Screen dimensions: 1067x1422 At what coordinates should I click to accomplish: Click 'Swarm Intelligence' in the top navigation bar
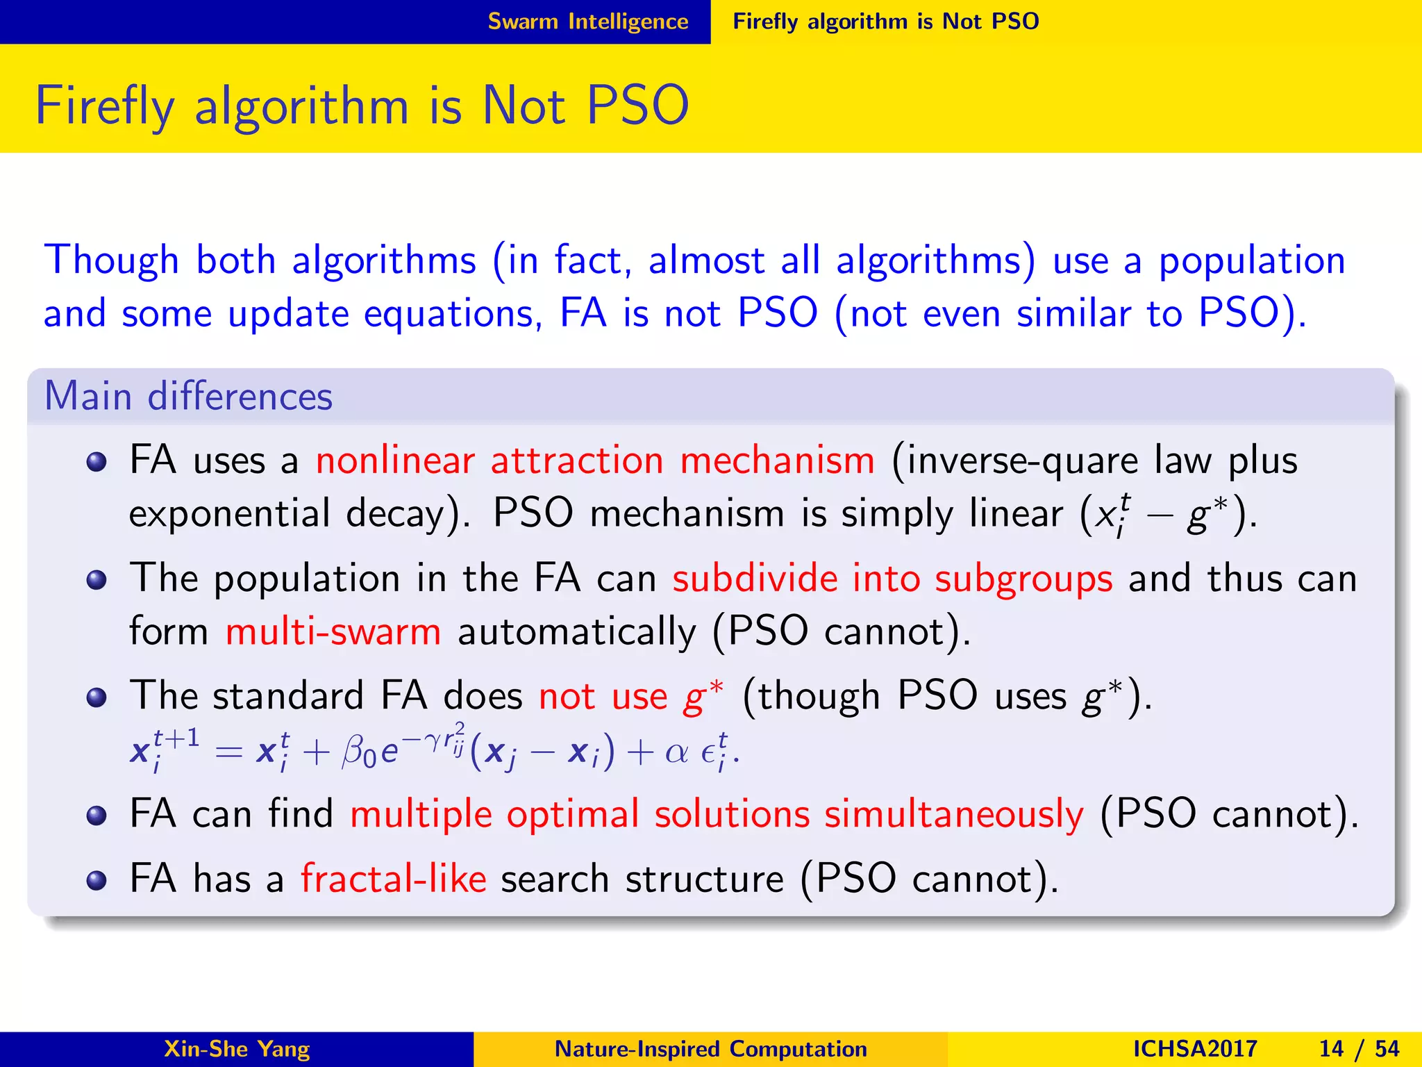587,22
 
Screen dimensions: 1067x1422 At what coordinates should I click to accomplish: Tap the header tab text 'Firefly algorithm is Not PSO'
885,22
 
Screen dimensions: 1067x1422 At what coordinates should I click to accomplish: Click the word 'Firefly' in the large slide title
104,106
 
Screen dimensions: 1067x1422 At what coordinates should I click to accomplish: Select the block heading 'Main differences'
188,397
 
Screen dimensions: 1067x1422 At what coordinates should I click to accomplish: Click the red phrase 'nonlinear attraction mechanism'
595,461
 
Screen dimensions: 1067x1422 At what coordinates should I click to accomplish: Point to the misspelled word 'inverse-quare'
1022,461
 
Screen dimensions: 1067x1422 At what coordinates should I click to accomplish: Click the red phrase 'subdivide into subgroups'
892,579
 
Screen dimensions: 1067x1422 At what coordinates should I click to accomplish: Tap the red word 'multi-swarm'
333,632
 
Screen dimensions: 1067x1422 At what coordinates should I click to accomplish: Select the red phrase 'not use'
603,696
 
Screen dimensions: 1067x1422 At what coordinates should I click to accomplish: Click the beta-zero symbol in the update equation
358,753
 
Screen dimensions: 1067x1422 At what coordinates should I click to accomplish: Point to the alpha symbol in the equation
676,753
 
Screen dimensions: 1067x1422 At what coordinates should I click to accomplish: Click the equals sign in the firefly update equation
228,753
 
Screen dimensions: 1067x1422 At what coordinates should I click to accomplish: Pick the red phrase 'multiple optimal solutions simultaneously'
717,813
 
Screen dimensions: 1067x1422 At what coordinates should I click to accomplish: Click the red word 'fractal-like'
393,879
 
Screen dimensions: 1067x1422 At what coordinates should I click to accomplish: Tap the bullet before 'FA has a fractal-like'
97,880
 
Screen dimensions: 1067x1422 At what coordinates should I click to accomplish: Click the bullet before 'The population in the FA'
97,579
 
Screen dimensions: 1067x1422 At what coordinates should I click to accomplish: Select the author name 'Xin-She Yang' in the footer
236,1049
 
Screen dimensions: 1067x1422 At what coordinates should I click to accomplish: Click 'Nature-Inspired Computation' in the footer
710,1049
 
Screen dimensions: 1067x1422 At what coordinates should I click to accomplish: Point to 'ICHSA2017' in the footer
1194,1049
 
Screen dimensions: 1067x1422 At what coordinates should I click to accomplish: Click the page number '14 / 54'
1359,1049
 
